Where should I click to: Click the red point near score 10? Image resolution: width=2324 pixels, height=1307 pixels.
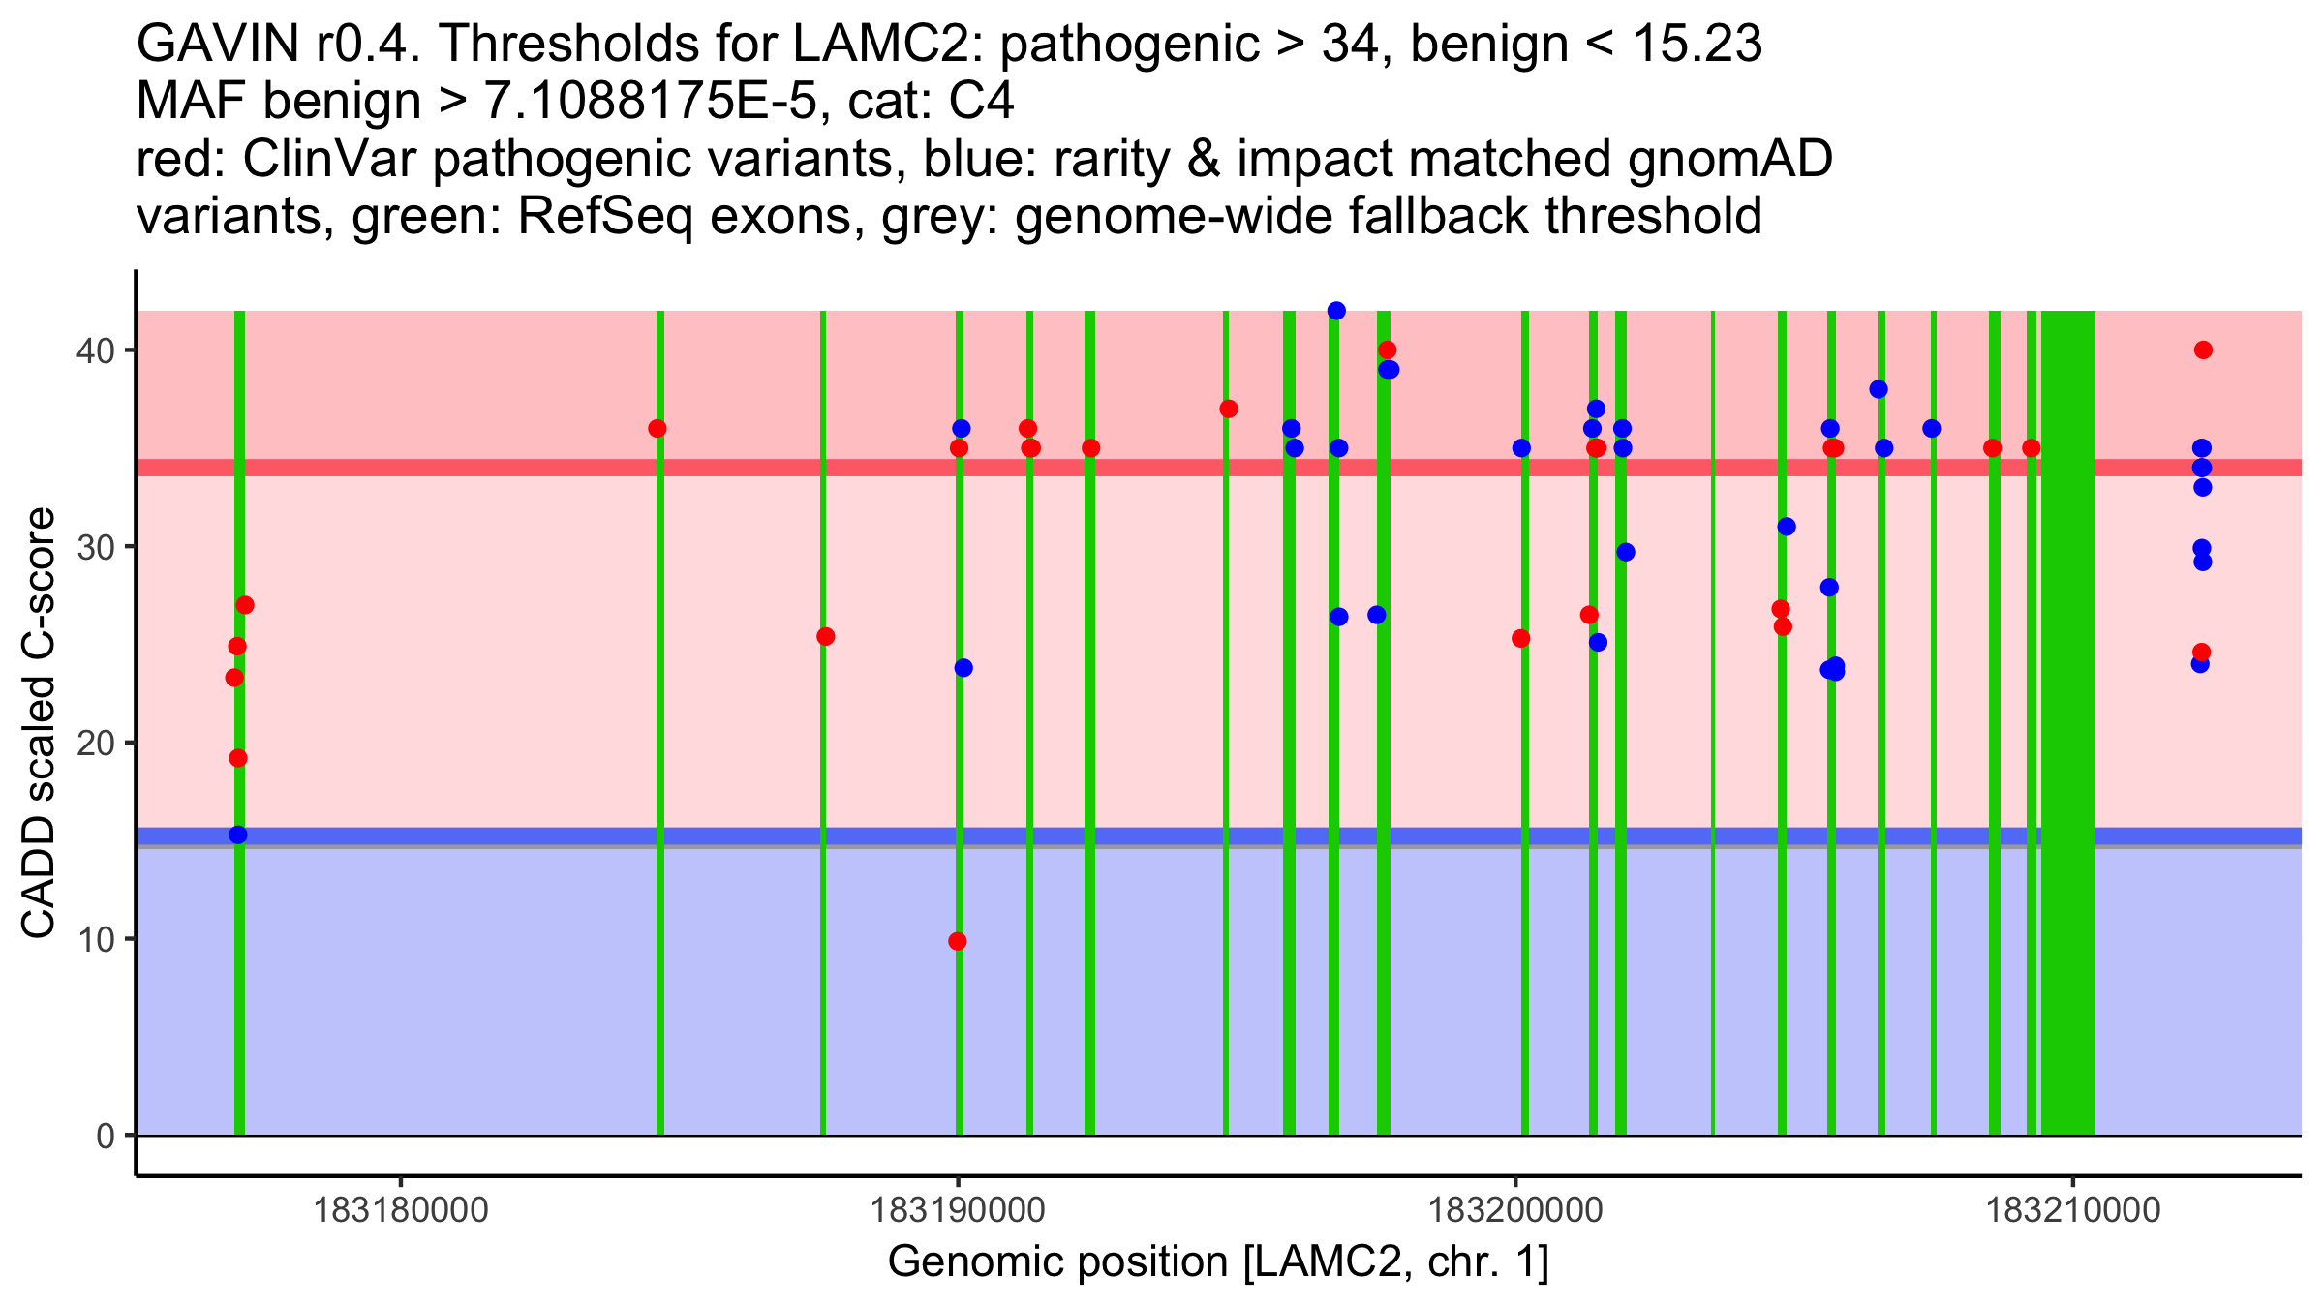click(958, 941)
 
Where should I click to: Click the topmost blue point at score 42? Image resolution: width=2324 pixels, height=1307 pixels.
click(1336, 311)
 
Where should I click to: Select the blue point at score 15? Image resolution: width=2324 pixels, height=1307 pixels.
click(238, 836)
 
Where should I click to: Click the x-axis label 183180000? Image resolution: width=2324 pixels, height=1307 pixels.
click(402, 1210)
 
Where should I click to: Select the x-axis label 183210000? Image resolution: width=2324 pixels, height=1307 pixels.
click(2073, 1210)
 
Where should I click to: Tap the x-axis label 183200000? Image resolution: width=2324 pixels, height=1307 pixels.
click(1515, 1210)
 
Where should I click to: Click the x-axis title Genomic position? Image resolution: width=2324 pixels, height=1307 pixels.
click(1218, 1262)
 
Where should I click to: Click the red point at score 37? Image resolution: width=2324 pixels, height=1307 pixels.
click(1229, 409)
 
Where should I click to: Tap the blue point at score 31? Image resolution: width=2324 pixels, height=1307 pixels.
click(1787, 527)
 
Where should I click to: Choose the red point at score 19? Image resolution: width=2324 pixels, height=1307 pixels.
click(238, 758)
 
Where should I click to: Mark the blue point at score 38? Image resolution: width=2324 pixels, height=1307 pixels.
click(1879, 389)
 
